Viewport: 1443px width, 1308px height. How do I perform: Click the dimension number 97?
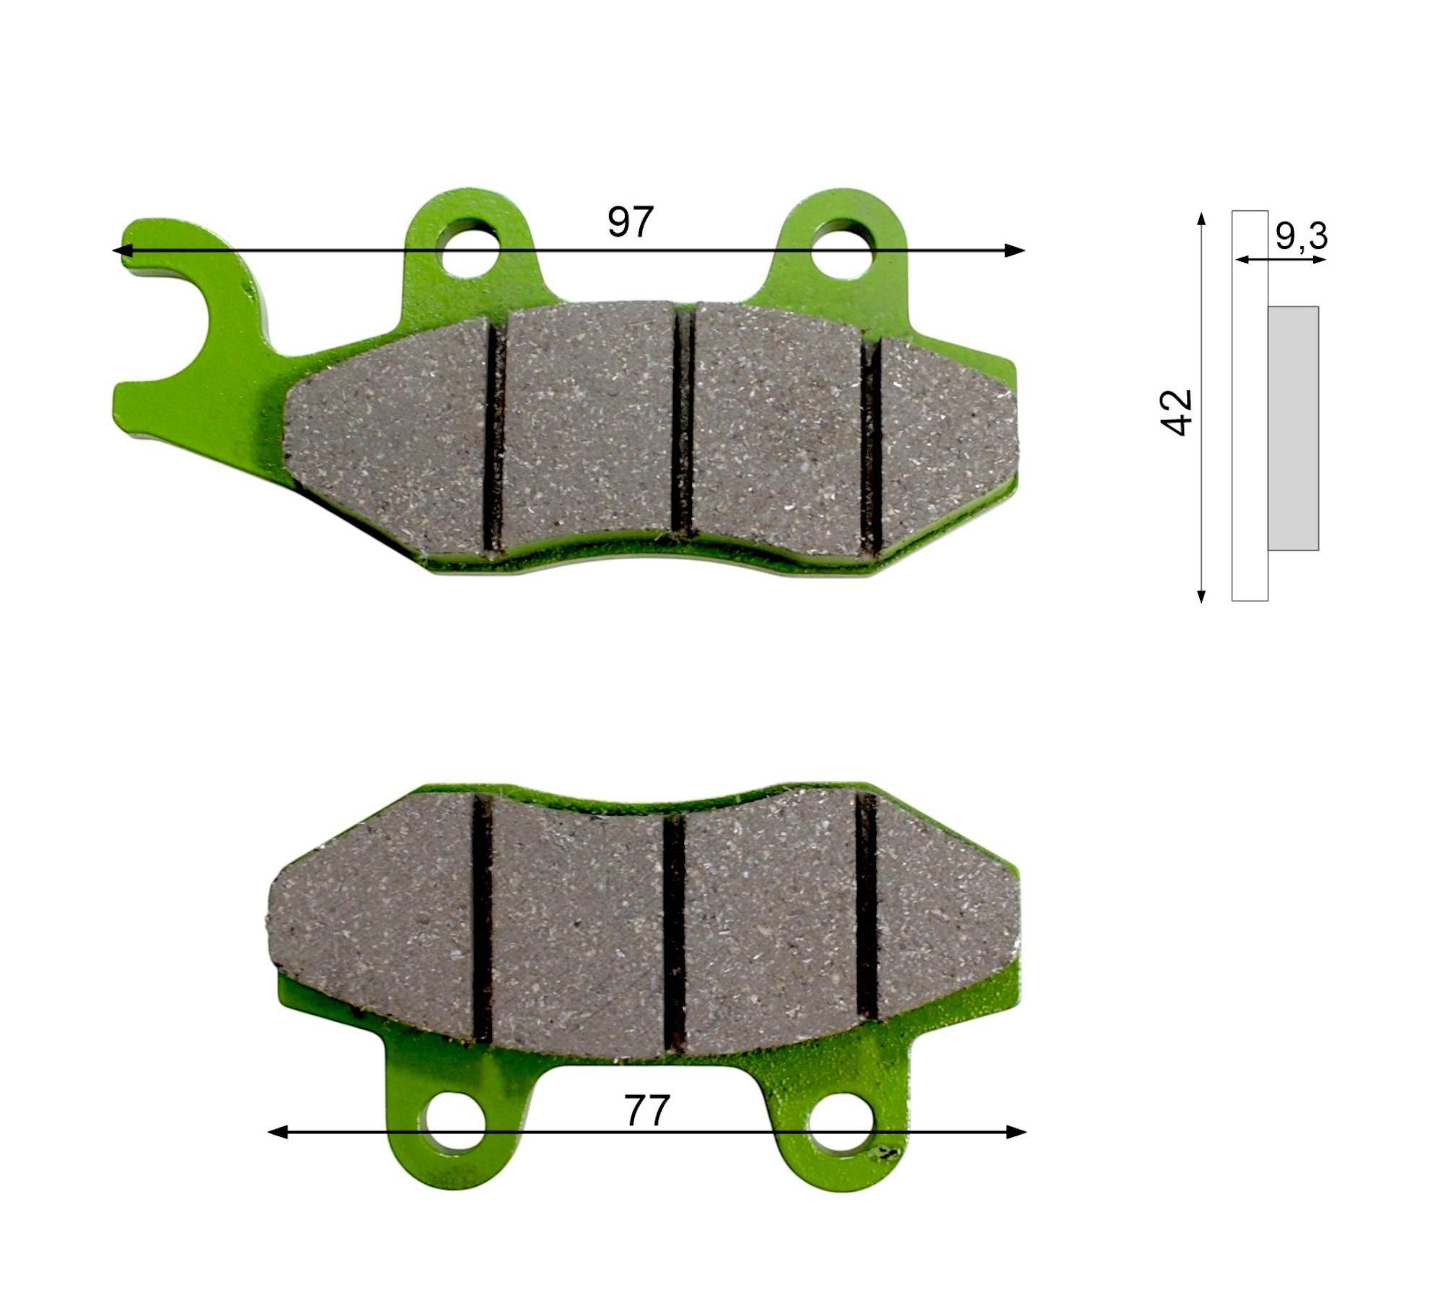click(x=630, y=222)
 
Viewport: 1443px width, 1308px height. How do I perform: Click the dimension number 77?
click(x=647, y=1111)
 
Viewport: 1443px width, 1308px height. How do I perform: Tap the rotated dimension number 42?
click(x=1176, y=412)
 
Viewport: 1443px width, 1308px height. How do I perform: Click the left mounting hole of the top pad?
click(x=470, y=250)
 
